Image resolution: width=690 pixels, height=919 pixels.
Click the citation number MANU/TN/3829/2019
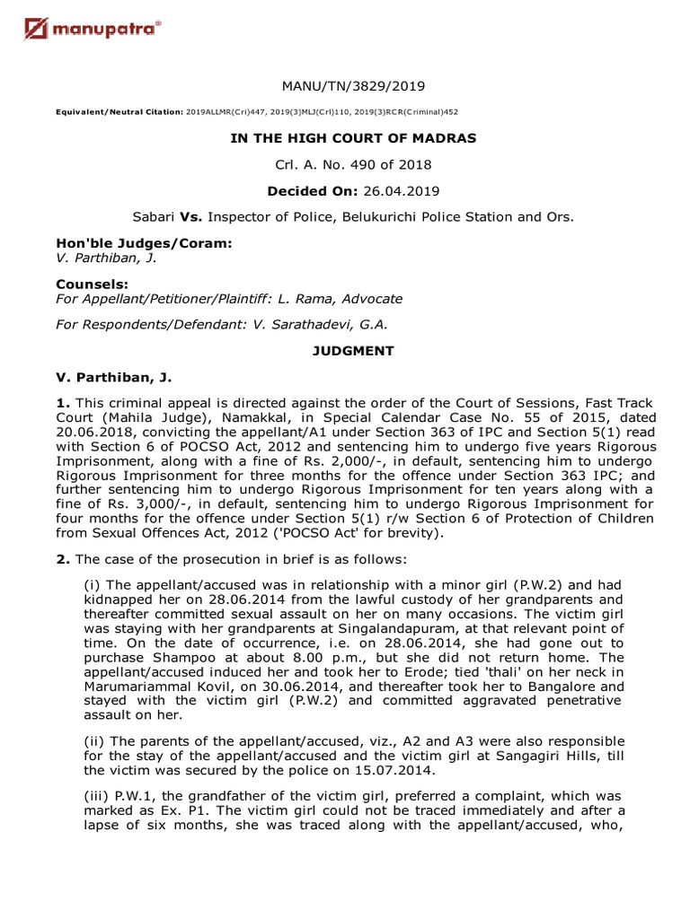pyautogui.click(x=353, y=86)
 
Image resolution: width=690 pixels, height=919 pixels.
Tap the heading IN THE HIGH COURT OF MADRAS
pyautogui.click(x=353, y=138)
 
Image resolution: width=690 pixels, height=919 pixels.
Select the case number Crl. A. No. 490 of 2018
pyautogui.click(x=353, y=164)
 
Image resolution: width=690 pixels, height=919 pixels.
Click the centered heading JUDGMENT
pyautogui.click(x=353, y=351)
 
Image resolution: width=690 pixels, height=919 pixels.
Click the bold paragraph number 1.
pyautogui.click(x=61, y=403)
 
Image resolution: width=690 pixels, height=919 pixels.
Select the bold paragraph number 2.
pyautogui.click(x=61, y=559)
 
